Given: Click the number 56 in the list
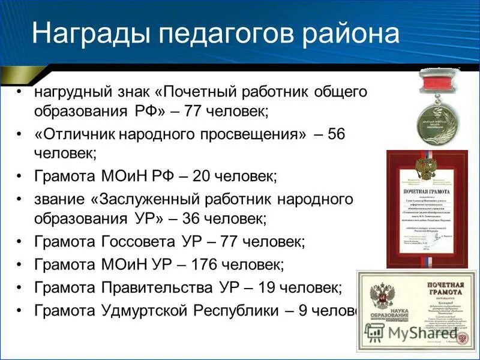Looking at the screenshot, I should (337, 133).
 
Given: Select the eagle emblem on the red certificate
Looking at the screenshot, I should (426, 166).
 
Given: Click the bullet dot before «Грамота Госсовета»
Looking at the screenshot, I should (20, 242).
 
